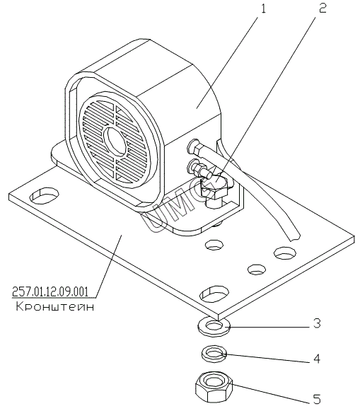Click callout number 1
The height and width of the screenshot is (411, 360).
coord(263,9)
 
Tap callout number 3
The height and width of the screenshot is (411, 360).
coord(318,323)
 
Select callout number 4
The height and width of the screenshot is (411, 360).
coord(317,359)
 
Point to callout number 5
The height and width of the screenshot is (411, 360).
coord(317,399)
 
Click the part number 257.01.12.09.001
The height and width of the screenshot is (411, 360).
coord(50,291)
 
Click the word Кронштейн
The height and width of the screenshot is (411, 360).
coord(54,306)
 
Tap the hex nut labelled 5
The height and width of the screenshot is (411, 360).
coord(214,388)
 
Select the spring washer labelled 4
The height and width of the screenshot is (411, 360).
coord(214,354)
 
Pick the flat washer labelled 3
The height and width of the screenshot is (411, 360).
coord(214,326)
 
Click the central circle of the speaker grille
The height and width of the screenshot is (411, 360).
coord(115,141)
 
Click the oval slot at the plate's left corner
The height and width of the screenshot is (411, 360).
coord(45,195)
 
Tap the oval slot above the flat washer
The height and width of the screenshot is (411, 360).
coord(214,293)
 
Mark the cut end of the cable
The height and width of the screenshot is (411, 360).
coord(294,237)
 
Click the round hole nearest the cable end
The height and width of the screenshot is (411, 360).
coord(284,253)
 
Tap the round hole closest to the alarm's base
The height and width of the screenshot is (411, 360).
coord(214,245)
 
